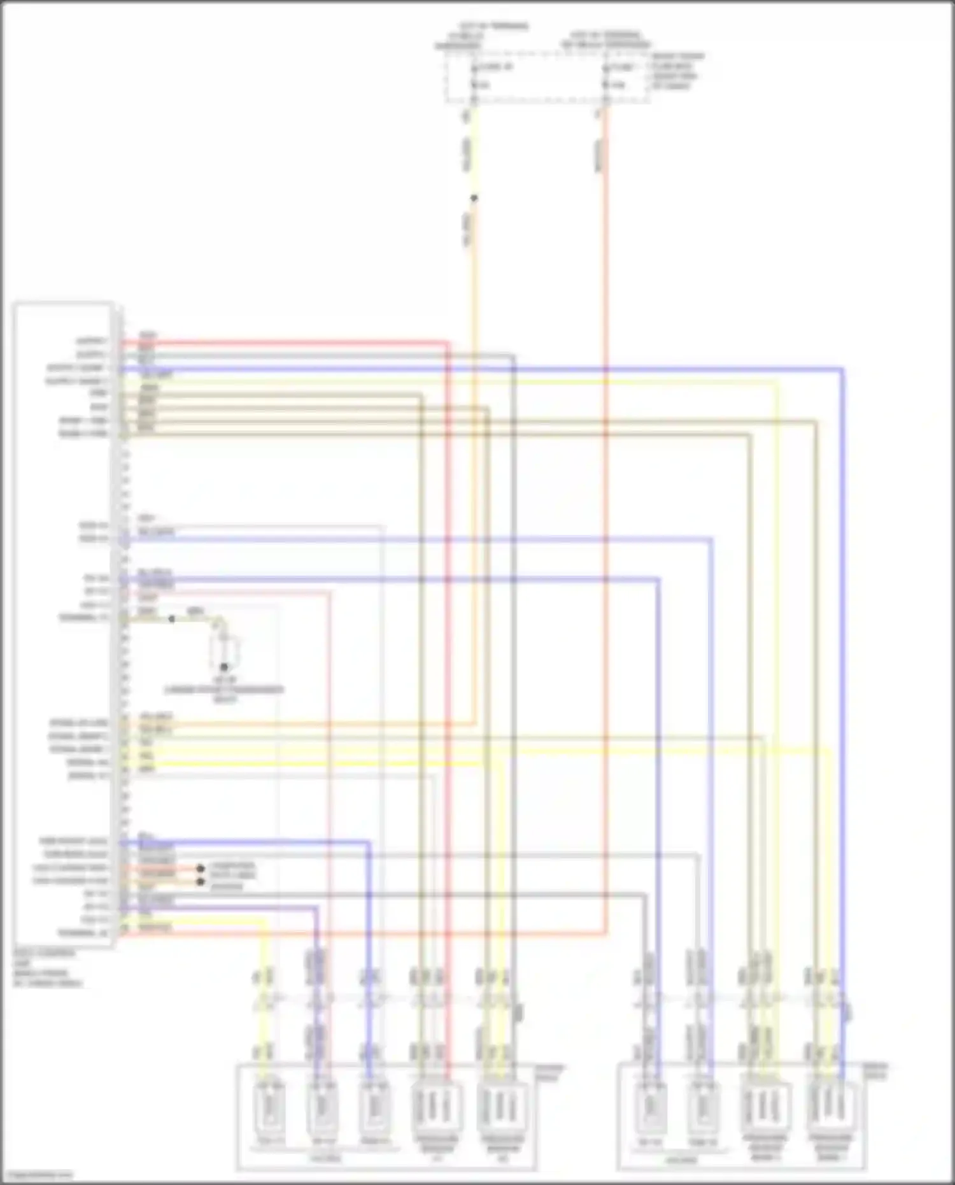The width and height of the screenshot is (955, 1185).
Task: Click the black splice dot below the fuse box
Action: (x=474, y=198)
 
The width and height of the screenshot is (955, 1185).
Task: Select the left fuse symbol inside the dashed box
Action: (x=474, y=75)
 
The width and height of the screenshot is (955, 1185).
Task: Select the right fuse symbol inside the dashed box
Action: (x=606, y=75)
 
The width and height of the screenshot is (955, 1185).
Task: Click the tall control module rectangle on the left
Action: (x=64, y=624)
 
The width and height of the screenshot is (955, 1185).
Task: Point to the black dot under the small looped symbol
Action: (x=224, y=667)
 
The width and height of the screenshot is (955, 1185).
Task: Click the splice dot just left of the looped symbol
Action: (x=171, y=618)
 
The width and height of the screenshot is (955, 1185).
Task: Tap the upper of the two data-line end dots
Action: (x=200, y=868)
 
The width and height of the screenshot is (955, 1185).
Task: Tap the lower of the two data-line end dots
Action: (x=200, y=882)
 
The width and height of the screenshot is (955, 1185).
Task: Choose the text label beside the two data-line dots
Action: (x=232, y=876)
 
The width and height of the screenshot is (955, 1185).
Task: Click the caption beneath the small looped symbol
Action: (x=224, y=693)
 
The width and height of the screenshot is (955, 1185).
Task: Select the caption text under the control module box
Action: (x=47, y=968)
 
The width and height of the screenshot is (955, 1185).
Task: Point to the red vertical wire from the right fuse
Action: (x=606, y=509)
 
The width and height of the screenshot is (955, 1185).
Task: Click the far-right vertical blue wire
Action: (x=843, y=637)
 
